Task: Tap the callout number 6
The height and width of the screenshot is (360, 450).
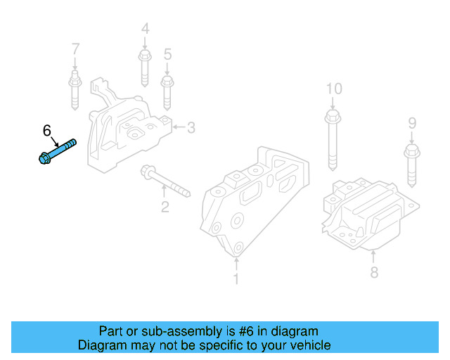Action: (47, 130)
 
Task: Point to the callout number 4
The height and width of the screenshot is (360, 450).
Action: (145, 29)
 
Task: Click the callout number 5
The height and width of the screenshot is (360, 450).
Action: (167, 54)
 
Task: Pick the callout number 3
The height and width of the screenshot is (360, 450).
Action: (191, 127)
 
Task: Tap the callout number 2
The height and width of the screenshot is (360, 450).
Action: (165, 207)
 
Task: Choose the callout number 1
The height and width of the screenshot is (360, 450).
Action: (236, 279)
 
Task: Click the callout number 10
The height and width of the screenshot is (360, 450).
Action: (333, 89)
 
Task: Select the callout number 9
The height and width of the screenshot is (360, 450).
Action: (412, 124)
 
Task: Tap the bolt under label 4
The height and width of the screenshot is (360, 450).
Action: (145, 67)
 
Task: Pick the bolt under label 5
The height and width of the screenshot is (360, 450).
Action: (167, 92)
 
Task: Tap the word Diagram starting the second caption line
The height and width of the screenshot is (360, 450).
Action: (101, 345)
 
